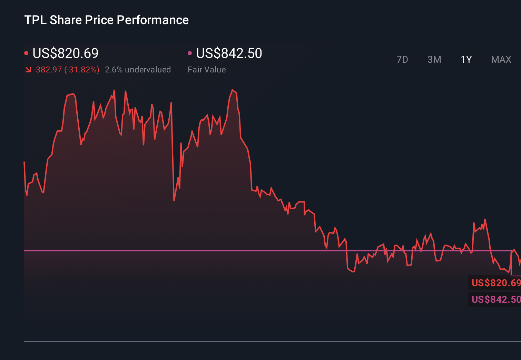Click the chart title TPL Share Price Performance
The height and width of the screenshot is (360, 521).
coord(106,20)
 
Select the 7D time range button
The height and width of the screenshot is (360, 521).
coord(402,60)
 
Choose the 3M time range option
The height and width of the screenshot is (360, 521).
coord(434,60)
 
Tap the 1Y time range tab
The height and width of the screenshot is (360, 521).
coord(466,60)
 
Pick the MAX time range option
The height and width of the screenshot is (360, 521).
coord(501,60)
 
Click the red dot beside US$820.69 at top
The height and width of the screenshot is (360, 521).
coord(26,53)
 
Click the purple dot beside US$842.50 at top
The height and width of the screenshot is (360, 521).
coord(190,53)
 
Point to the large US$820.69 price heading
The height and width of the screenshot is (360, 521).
coord(66,53)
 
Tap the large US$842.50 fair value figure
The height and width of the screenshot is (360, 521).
coord(229,53)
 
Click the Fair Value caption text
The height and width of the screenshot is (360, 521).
coord(207,70)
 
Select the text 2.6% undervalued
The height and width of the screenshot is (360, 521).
coord(138,70)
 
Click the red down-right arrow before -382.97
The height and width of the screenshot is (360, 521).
coord(28,70)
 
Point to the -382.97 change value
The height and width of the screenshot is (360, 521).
coord(48,70)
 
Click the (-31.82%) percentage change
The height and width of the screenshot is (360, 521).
coord(82,70)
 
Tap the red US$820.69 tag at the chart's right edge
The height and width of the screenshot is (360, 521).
coord(495,283)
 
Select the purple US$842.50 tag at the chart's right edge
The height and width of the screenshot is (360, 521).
coord(495,299)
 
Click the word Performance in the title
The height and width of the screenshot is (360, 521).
coord(153,20)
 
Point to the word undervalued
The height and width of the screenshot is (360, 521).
coord(148,70)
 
